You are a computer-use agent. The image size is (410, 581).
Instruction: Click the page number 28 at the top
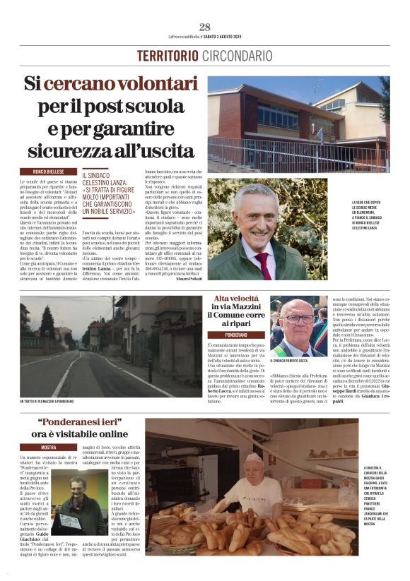pyautogui.click(x=204, y=28)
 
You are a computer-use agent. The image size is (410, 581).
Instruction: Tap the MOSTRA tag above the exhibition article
pyautogui.click(x=48, y=448)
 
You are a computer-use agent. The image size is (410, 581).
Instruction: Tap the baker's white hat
pyautogui.click(x=253, y=458)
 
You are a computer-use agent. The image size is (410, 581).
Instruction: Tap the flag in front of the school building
pyautogui.click(x=320, y=134)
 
